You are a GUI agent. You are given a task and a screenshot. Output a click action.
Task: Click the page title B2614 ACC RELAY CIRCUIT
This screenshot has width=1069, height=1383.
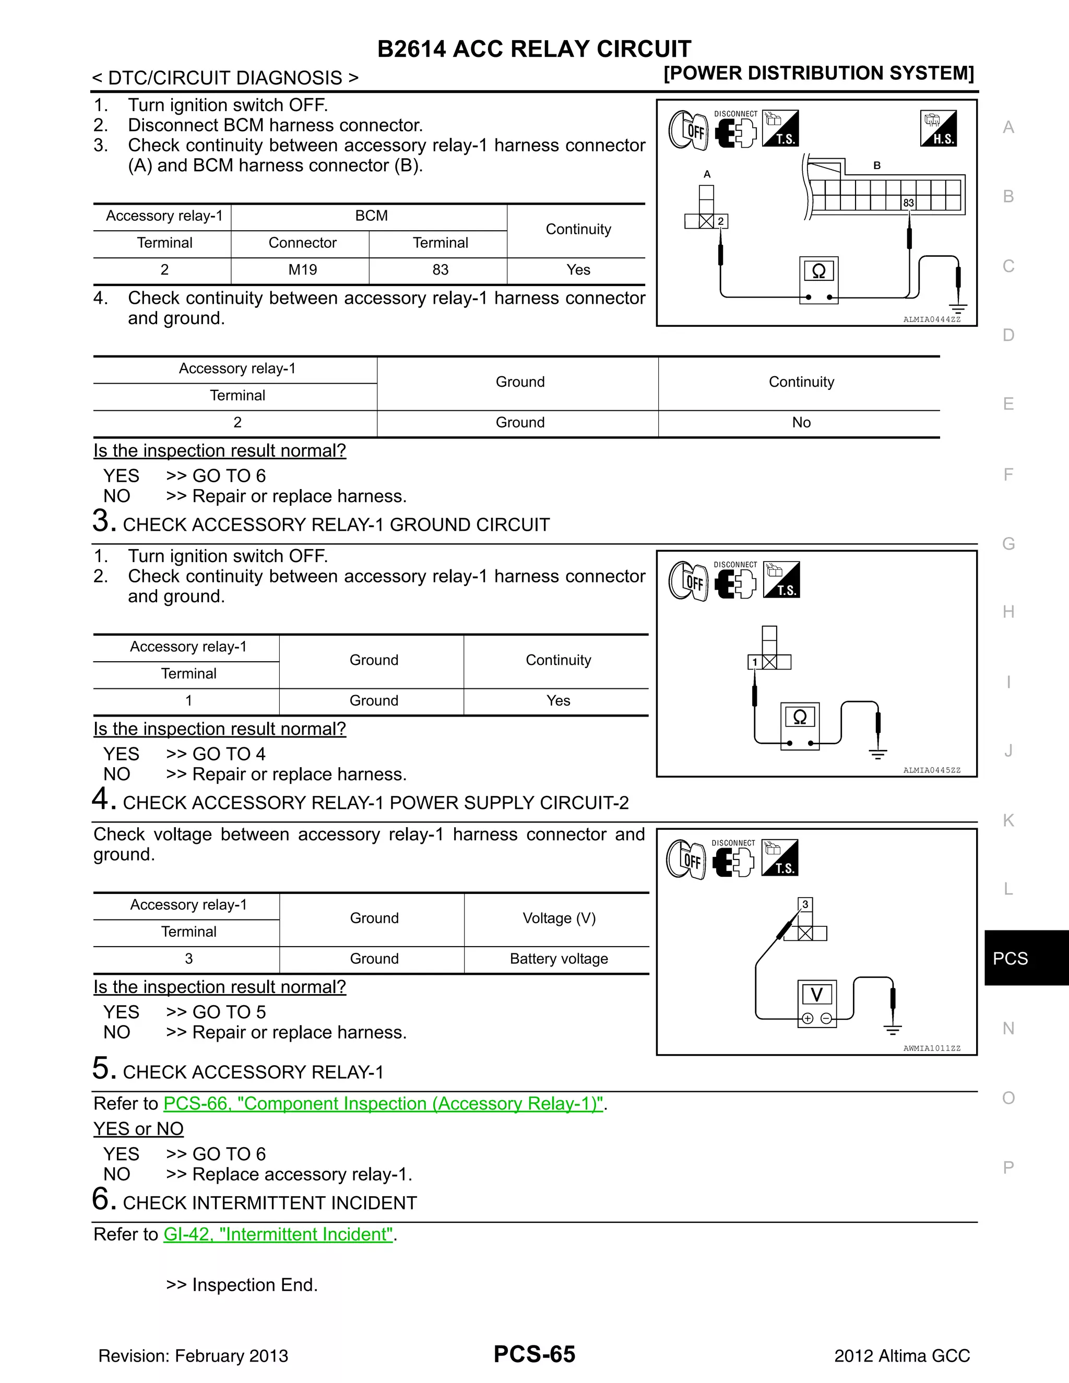534,49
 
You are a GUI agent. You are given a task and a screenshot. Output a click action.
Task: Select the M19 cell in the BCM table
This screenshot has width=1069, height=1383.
302,270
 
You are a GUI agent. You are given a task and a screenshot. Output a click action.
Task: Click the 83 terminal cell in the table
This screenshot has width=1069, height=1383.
440,270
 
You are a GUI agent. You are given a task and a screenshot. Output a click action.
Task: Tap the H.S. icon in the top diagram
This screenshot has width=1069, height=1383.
938,128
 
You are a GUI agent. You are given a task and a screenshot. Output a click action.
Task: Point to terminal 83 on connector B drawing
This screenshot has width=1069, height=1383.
908,202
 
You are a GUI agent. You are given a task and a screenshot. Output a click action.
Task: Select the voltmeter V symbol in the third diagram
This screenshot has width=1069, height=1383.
816,995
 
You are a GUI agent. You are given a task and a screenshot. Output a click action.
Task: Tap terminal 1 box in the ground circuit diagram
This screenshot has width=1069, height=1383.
754,662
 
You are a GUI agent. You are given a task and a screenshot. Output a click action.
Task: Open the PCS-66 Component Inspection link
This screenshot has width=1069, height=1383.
383,1104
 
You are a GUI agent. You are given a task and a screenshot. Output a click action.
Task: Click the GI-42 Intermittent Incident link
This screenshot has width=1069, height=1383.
279,1234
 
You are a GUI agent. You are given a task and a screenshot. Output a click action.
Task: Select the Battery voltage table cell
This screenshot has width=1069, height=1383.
559,959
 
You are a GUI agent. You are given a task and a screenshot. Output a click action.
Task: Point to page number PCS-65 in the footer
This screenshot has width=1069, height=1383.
534,1354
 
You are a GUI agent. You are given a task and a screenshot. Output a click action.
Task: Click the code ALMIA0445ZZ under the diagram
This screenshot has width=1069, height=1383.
932,770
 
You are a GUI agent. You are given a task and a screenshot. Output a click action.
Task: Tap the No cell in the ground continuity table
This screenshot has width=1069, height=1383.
801,422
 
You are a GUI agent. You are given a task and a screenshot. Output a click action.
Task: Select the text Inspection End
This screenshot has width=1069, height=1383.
255,1285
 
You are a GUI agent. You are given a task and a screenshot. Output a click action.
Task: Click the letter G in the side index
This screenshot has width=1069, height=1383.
1008,543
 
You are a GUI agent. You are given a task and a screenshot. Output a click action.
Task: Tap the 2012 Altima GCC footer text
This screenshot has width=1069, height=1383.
902,1356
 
